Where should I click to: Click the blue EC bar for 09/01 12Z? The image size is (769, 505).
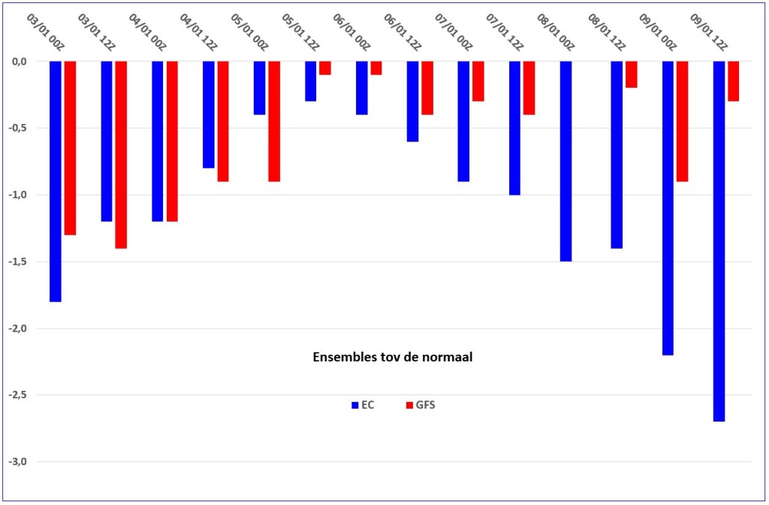click(x=719, y=241)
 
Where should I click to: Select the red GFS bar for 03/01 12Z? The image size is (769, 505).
click(x=121, y=155)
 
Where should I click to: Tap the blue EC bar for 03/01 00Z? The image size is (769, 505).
click(x=56, y=181)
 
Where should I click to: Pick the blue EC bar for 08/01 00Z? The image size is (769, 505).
click(x=565, y=161)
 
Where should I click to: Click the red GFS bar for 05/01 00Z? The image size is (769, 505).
click(x=274, y=121)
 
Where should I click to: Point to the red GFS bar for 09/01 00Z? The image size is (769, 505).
click(x=682, y=121)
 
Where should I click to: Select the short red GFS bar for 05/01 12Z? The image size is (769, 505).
click(x=325, y=68)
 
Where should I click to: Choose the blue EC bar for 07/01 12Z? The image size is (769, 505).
click(x=514, y=128)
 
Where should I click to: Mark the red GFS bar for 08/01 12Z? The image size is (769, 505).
click(x=631, y=74)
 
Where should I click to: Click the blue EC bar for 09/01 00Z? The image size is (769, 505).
click(x=668, y=208)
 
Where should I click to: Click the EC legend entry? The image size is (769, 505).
click(x=363, y=405)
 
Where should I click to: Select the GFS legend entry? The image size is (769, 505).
click(x=421, y=405)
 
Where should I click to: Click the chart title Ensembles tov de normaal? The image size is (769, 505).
click(x=392, y=357)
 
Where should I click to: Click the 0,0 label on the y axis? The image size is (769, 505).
click(x=20, y=62)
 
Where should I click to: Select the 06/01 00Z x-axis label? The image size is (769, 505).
click(x=351, y=32)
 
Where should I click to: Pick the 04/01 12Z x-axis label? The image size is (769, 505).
click(x=198, y=32)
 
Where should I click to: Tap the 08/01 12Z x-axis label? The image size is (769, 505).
click(x=606, y=32)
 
